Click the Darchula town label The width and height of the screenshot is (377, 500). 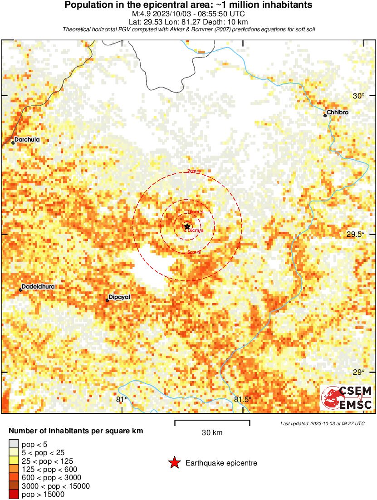(x=27, y=140)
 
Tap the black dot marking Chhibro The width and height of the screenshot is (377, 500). (x=325, y=115)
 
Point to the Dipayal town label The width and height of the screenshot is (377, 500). (x=120, y=297)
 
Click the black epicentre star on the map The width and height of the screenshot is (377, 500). (x=187, y=226)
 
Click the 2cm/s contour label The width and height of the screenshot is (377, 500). (x=194, y=171)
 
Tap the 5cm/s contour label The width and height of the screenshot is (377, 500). (x=194, y=252)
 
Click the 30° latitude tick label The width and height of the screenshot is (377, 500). (x=359, y=96)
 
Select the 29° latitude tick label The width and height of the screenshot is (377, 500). (x=359, y=372)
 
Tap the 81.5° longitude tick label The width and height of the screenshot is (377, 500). (x=243, y=400)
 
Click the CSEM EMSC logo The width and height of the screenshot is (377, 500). (x=347, y=397)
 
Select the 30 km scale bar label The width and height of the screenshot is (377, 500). (x=212, y=432)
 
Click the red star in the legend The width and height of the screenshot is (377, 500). (x=174, y=463)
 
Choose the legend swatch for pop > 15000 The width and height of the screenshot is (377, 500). (x=14, y=494)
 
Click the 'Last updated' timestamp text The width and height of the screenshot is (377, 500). (x=322, y=423)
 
